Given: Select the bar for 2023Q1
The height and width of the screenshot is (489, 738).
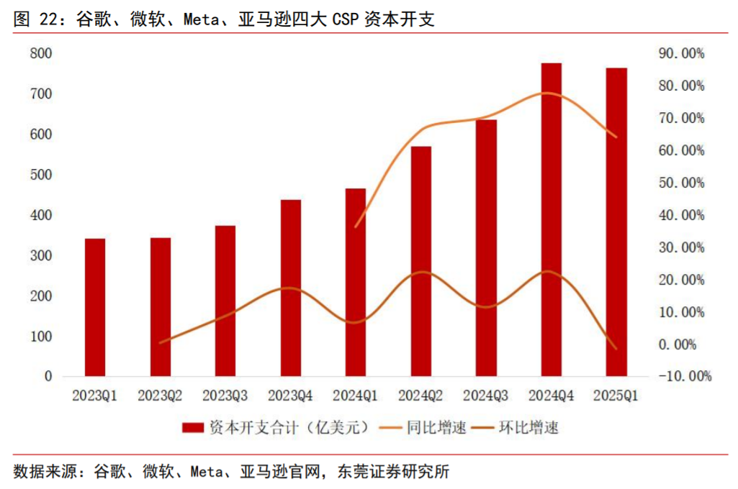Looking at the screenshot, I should (95, 307).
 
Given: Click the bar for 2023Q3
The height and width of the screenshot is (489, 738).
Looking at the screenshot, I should (225, 301).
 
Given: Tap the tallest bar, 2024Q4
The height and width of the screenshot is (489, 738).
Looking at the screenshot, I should (552, 219).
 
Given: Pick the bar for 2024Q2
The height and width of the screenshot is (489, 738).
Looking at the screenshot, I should (421, 260).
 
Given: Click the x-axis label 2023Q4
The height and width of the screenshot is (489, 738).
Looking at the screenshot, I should (290, 396).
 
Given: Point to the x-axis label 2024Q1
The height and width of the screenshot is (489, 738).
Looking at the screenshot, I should (356, 396).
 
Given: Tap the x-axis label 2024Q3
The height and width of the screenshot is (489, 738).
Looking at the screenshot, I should (486, 396).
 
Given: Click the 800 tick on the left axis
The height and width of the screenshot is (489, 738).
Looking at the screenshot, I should (41, 54).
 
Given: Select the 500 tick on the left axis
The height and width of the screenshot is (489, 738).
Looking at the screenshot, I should (41, 175).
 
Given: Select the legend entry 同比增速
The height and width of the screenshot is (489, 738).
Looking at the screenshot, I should (436, 428).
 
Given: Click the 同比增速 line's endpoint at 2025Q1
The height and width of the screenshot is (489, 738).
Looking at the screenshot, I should (616, 137).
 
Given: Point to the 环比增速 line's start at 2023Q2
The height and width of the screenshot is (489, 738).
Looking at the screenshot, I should (160, 343).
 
